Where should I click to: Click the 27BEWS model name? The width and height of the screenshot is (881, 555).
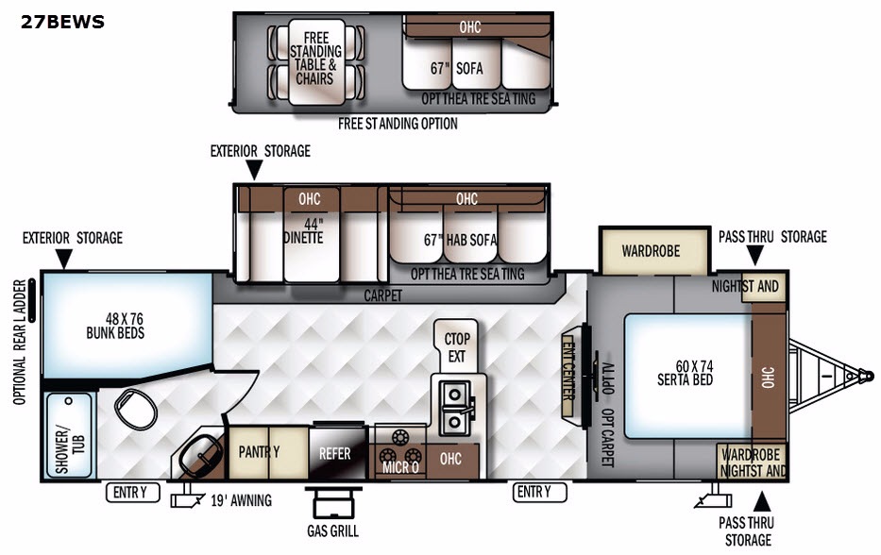coord(62,22)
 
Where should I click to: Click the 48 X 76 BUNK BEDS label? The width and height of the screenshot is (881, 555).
coord(116,326)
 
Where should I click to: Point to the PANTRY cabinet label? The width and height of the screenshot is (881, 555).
coord(259,451)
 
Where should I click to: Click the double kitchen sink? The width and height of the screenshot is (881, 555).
coord(455,407)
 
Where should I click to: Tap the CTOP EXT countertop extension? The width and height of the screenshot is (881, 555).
coord(456,345)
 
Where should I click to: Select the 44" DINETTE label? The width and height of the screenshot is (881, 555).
coord(303,231)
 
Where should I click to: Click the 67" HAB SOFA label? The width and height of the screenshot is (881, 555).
coord(460,240)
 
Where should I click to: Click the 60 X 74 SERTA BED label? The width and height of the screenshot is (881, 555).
coord(686,373)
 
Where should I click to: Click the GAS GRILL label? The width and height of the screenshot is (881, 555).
coord(332,530)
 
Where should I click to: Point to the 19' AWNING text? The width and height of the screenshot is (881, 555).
coord(241,500)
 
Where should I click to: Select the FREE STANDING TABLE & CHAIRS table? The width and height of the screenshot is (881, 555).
coord(316,61)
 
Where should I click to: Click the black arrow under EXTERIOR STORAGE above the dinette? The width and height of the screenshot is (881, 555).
coord(255,170)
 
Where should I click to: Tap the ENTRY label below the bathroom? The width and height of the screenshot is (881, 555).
coord(132,492)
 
